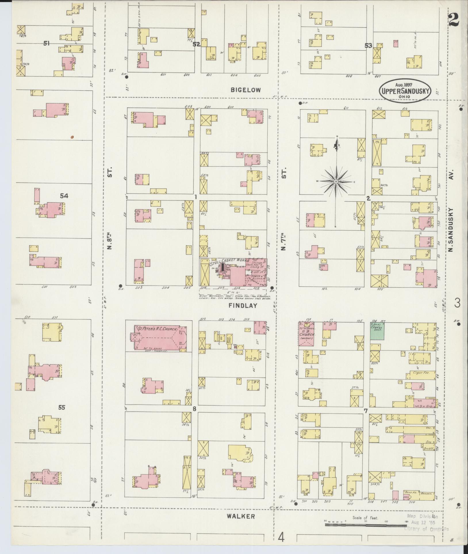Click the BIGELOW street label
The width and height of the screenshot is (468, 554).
246,90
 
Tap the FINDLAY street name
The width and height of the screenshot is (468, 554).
242,306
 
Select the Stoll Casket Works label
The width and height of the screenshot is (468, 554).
227,261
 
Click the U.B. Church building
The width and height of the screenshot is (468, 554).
306,334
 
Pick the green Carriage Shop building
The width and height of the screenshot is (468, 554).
377,331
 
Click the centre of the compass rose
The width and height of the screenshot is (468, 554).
336,182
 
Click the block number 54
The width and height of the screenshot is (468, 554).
64,196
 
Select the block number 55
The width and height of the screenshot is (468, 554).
62,408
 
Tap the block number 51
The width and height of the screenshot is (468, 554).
47,43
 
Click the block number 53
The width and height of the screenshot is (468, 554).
368,45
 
